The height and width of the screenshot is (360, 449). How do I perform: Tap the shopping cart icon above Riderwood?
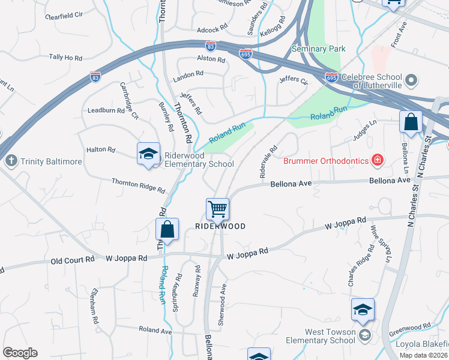(217, 209)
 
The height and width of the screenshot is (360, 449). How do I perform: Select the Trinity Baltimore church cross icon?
(10, 161)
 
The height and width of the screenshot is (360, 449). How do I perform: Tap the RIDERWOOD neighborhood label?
(220, 226)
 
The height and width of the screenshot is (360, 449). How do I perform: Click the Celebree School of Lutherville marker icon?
(411, 79)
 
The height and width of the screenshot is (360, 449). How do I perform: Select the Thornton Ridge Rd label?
(138, 185)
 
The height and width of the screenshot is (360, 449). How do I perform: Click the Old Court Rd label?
(73, 260)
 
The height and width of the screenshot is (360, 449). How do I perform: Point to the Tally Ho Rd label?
(65, 57)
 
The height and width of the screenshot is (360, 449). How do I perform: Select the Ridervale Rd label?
(268, 161)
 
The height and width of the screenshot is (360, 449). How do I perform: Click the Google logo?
(20, 352)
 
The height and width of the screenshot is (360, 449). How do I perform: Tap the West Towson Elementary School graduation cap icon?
(363, 310)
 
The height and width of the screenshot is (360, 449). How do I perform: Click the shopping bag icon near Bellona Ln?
(411, 122)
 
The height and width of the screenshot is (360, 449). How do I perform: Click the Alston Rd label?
(211, 59)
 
